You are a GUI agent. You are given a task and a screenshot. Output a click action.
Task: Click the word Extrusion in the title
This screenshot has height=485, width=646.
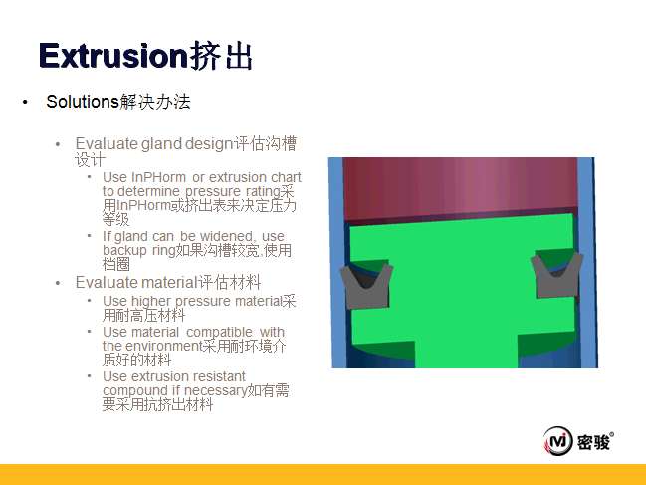113,56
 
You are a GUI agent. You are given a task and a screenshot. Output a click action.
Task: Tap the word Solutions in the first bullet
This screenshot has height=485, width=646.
83,102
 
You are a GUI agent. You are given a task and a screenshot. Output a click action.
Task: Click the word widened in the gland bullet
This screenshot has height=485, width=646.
227,236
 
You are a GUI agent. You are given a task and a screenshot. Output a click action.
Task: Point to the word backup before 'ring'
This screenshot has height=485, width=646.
124,250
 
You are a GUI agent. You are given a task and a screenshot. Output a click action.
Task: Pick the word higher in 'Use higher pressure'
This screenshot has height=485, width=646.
151,302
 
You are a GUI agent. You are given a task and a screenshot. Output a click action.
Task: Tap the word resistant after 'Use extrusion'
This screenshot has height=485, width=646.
219,376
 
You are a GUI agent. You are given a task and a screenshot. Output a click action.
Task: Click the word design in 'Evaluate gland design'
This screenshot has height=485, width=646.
209,144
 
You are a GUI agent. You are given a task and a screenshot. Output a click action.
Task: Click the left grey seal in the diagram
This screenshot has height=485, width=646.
366,287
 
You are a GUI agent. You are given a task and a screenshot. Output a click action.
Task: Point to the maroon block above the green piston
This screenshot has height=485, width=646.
460,189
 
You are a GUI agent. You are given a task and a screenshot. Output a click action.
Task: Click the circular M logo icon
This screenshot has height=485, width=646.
557,441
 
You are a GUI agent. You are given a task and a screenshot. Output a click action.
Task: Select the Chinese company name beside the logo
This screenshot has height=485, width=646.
593,443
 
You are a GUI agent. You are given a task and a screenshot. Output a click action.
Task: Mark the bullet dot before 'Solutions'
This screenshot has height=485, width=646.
25,102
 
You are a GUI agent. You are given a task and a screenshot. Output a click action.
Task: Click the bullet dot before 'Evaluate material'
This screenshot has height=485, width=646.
58,283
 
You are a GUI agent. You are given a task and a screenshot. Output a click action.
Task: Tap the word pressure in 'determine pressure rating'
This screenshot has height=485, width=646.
213,192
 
